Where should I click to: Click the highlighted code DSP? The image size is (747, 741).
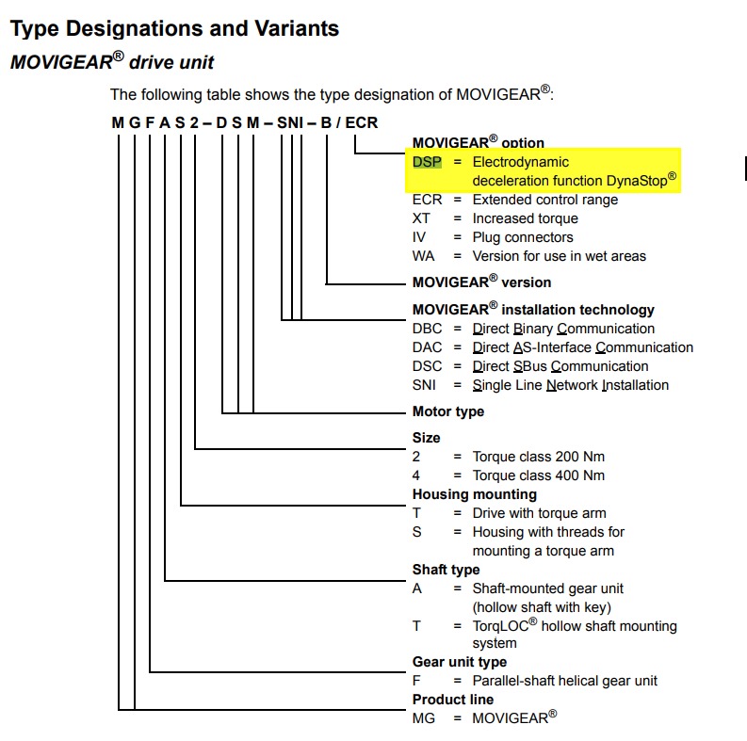427,162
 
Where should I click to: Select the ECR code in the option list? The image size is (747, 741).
427,200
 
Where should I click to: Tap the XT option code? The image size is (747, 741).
421,218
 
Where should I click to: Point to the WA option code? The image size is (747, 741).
423,256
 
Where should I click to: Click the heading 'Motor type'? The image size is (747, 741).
448,411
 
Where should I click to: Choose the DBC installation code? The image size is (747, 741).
427,329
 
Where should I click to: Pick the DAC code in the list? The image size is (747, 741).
427,347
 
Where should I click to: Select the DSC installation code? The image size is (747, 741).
427,366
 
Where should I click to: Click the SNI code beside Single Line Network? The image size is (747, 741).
424,385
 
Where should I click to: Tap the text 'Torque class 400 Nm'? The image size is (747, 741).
538,475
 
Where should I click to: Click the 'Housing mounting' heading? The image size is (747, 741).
475,494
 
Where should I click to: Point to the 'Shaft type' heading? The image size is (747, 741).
446,570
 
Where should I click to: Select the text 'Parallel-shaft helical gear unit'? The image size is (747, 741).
564,681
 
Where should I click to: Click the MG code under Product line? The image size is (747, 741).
424,718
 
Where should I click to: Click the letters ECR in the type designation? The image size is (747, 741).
361,122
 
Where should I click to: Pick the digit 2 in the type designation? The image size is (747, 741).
194,122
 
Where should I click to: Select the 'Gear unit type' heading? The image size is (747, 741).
460,662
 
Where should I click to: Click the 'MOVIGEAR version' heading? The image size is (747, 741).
481,282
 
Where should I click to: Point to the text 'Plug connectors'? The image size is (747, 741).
523,237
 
